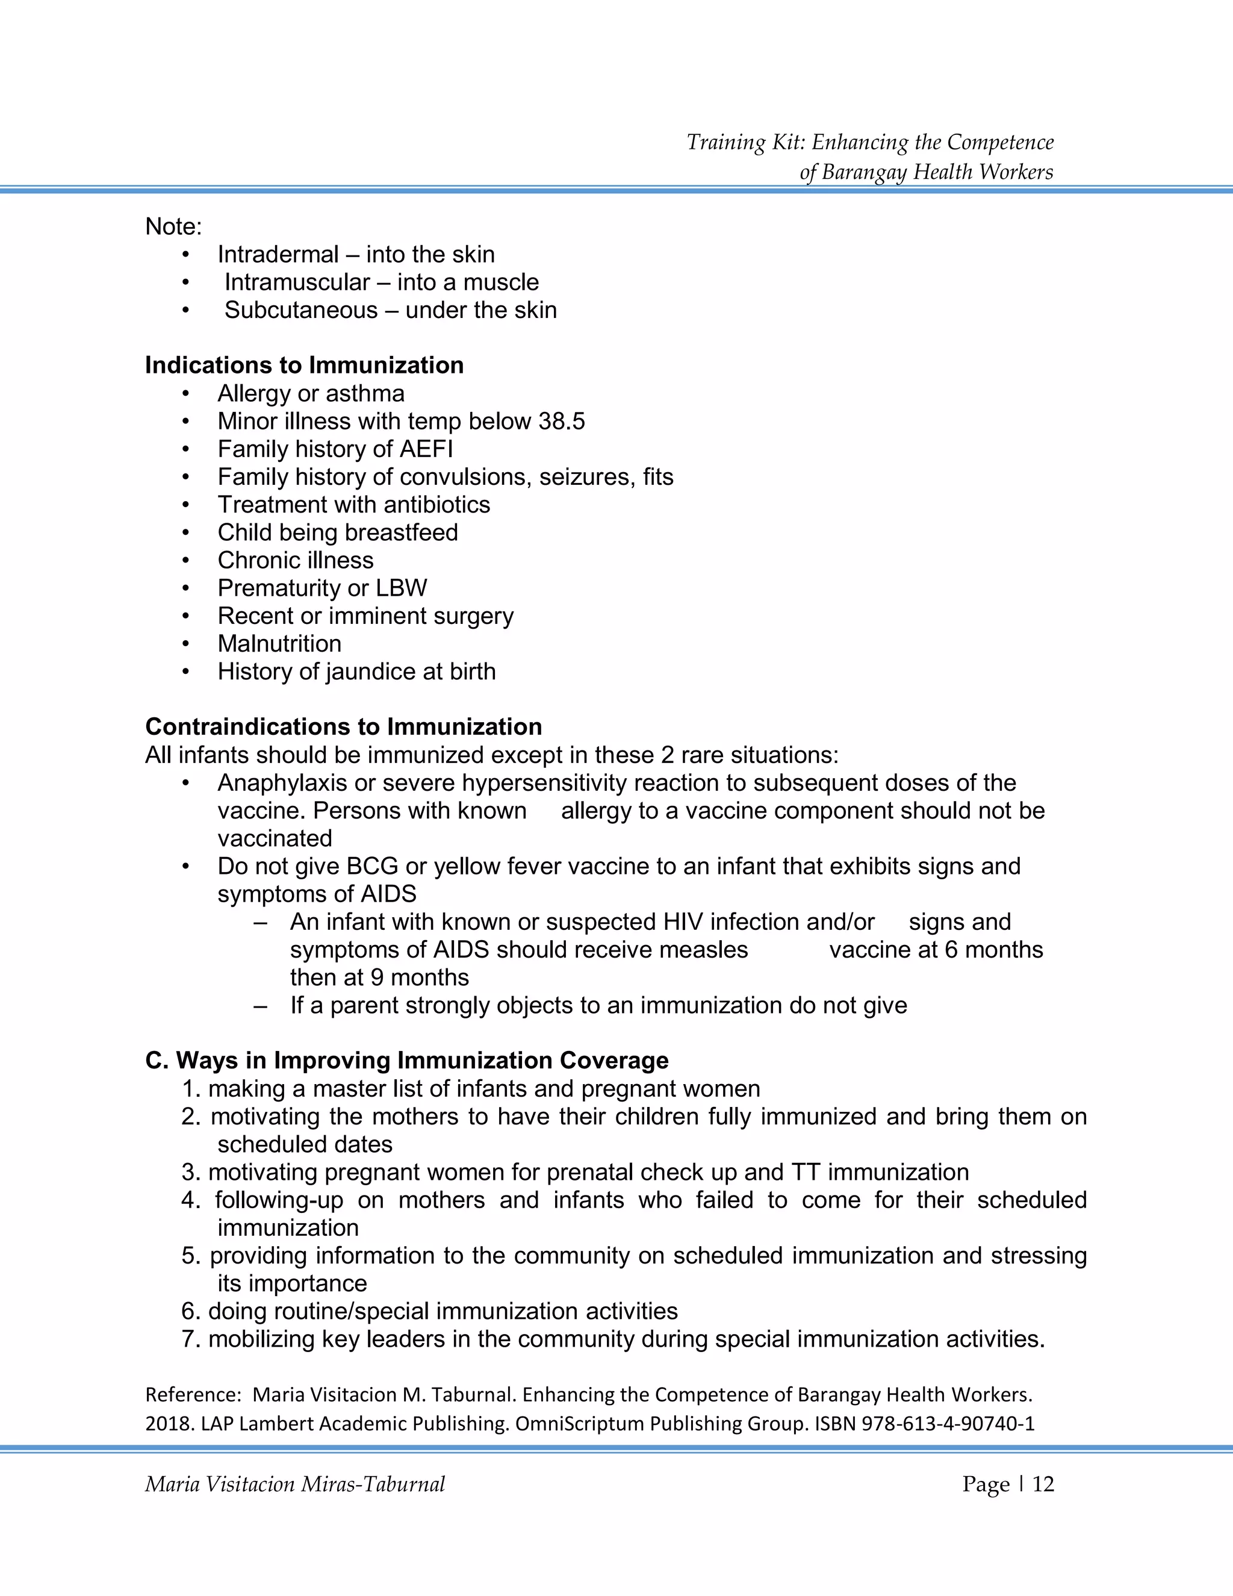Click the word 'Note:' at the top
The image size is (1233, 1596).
coord(173,226)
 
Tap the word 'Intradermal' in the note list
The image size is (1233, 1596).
coord(278,254)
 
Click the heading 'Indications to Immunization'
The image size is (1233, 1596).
coord(304,366)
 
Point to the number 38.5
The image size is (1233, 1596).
coord(562,422)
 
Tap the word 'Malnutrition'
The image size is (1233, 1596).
coord(279,644)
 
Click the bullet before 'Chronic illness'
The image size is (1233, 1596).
coord(185,561)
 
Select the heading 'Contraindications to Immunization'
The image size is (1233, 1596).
coord(343,727)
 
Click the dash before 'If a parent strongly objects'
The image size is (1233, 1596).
coord(260,1006)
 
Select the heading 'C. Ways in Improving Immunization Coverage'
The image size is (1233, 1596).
coord(407,1061)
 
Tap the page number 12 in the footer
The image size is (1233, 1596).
coord(1043,1484)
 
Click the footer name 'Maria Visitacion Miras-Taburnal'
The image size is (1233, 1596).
coord(294,1484)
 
